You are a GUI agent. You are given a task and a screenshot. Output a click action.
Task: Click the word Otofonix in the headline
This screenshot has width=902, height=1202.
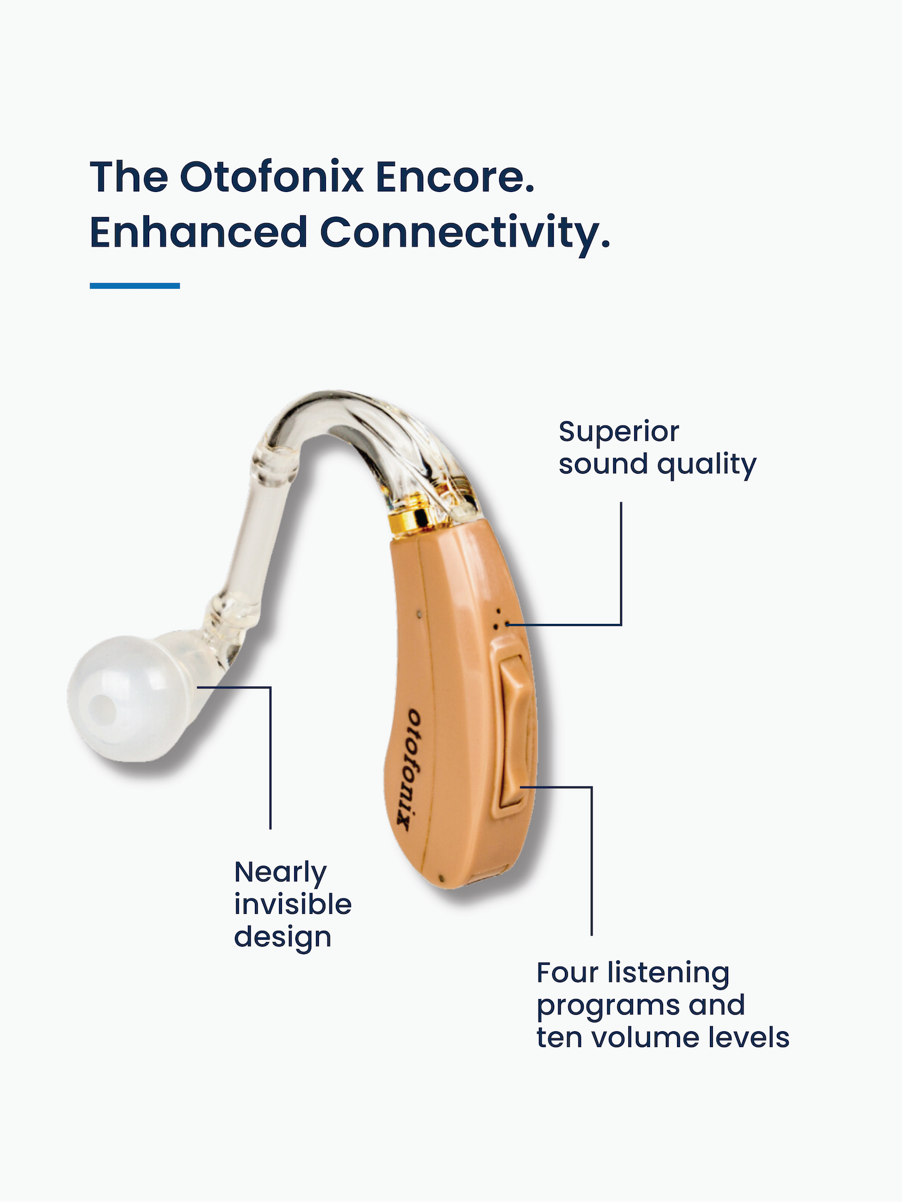(x=272, y=177)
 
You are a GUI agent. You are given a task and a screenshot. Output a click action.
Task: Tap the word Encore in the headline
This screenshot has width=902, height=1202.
(x=455, y=177)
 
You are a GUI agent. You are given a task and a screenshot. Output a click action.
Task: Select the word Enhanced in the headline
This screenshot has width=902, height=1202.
(x=198, y=232)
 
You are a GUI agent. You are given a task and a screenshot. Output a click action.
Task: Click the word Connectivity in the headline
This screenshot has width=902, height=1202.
(x=465, y=234)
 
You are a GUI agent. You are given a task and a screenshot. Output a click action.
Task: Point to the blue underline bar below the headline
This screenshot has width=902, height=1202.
(x=134, y=286)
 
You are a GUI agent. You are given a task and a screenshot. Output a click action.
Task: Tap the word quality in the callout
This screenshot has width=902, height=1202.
(x=706, y=465)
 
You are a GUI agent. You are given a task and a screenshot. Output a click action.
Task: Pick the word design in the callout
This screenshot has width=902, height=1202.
(x=282, y=938)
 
